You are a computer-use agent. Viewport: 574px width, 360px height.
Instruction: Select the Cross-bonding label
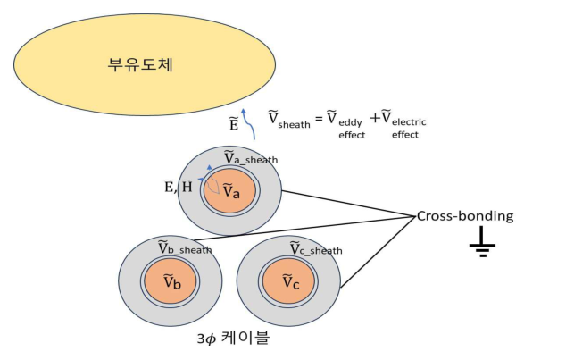(x=465, y=216)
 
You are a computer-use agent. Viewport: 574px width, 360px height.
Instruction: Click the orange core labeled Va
(x=230, y=190)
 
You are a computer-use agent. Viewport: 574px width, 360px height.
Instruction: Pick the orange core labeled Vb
(x=172, y=282)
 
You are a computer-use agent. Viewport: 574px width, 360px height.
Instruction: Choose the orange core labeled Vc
(x=291, y=282)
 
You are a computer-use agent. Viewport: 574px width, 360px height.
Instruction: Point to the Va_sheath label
(x=250, y=159)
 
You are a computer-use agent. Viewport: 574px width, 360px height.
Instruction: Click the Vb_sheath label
(x=185, y=248)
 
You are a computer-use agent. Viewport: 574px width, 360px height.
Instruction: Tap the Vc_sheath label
(x=315, y=248)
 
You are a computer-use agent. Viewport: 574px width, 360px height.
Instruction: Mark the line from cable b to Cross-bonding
(x=312, y=227)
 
